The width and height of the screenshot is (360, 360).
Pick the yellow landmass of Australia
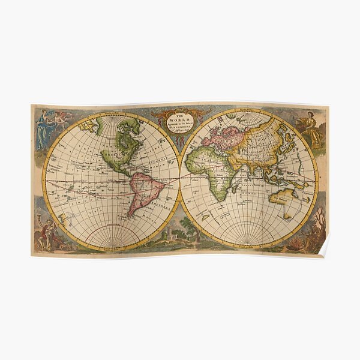[282, 198]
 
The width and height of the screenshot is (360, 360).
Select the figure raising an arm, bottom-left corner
[43, 231]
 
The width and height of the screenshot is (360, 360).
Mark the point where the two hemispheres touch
[180, 179]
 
